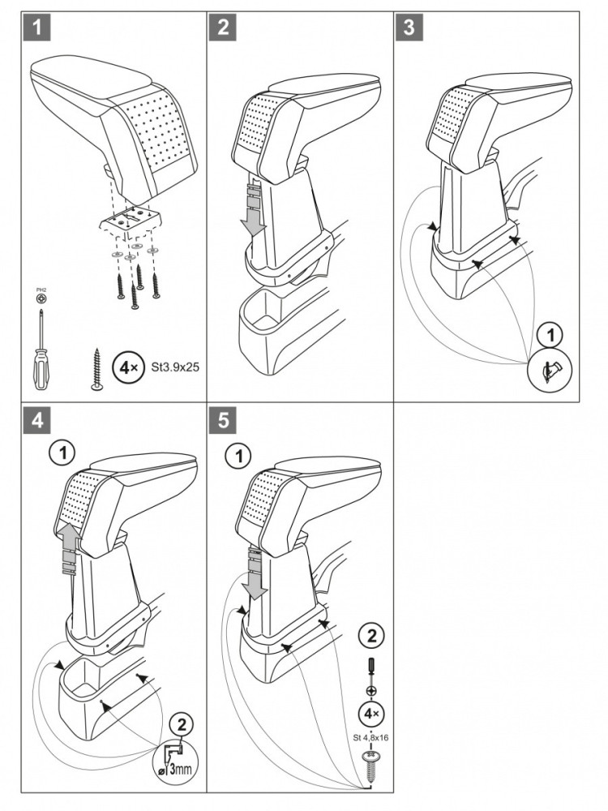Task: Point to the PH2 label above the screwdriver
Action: coord(41,290)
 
